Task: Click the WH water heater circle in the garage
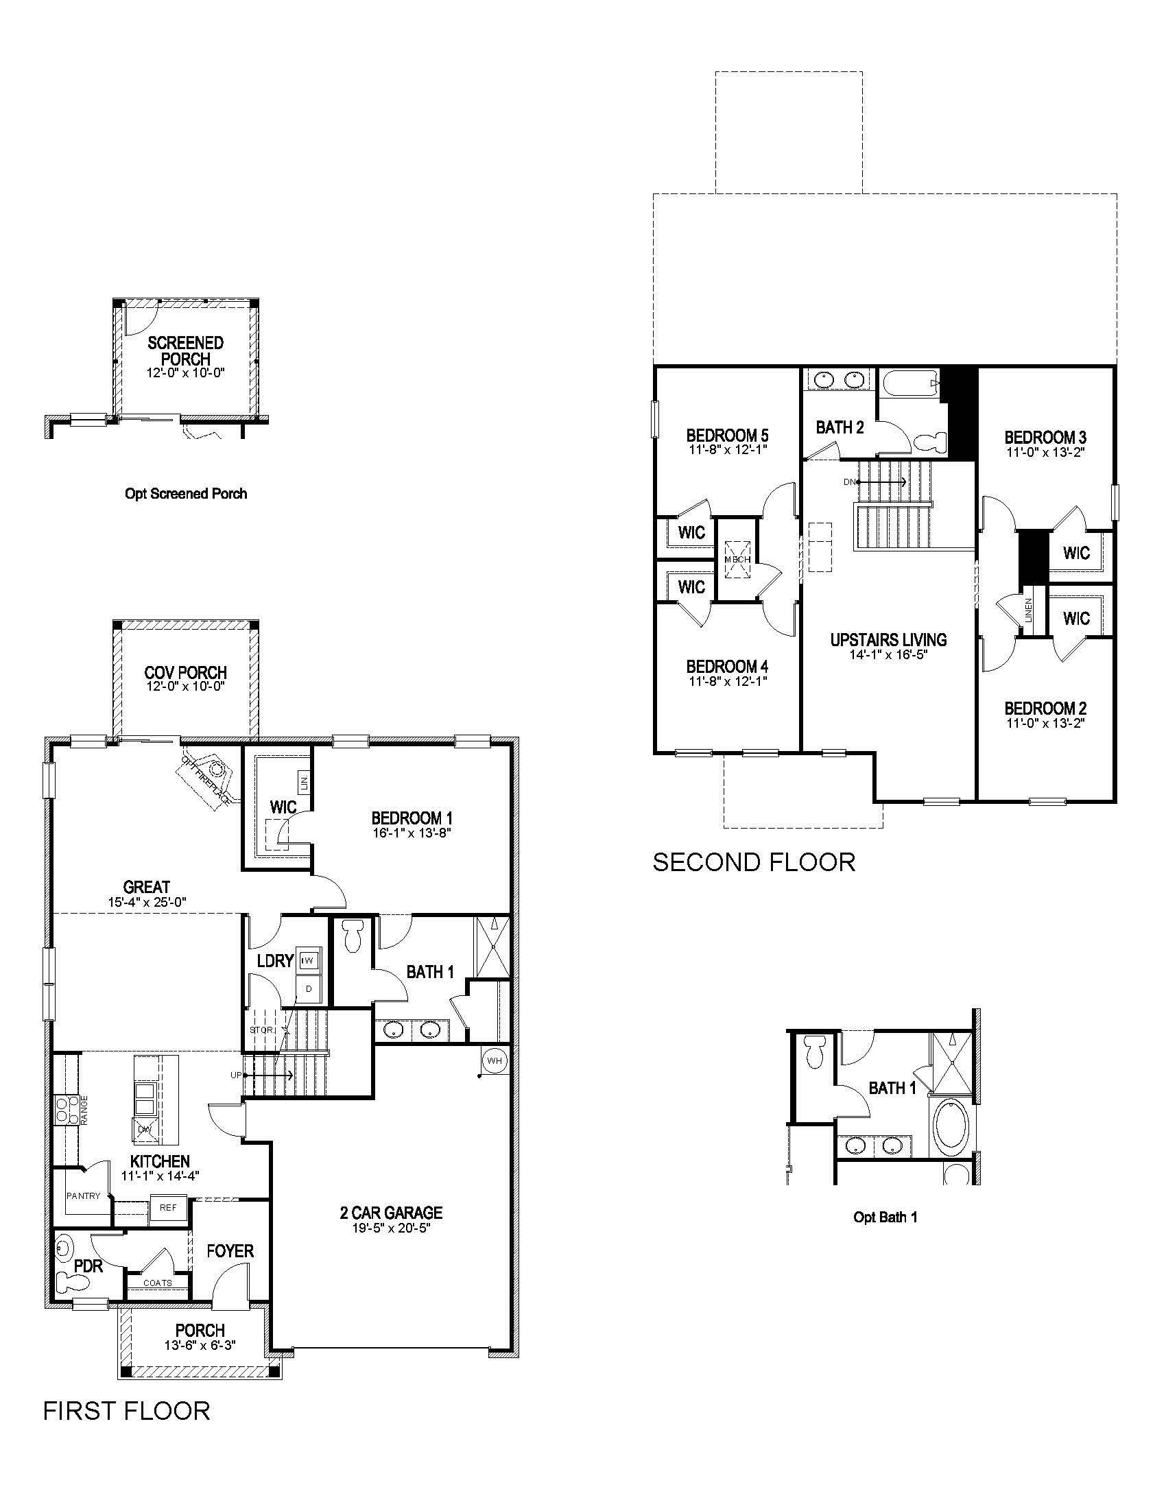pyautogui.click(x=495, y=1060)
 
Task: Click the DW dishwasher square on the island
pyautogui.click(x=145, y=1129)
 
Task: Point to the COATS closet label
pyautogui.click(x=158, y=1283)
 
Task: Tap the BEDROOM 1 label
pyautogui.click(x=411, y=818)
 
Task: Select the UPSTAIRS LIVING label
pyautogui.click(x=888, y=640)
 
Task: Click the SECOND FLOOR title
pyautogui.click(x=754, y=862)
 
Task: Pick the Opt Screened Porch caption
pyautogui.click(x=186, y=493)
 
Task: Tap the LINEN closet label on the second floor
pyautogui.click(x=1029, y=610)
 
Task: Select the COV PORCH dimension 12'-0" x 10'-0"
pyautogui.click(x=185, y=687)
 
